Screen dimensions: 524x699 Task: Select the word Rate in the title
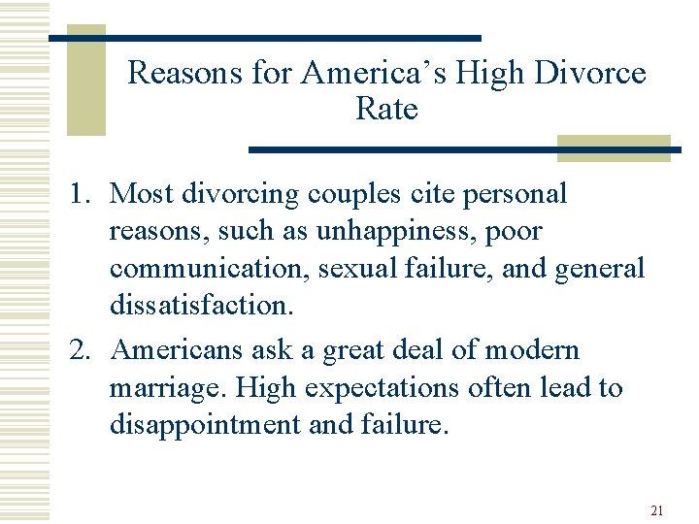[386, 109]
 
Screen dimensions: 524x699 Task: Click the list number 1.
[80, 193]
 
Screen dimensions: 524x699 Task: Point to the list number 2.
[80, 350]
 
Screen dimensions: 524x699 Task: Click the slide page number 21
[656, 510]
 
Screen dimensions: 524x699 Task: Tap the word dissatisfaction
[200, 305]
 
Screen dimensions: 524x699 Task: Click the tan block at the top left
[85, 80]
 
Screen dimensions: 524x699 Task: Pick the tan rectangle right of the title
[614, 147]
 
